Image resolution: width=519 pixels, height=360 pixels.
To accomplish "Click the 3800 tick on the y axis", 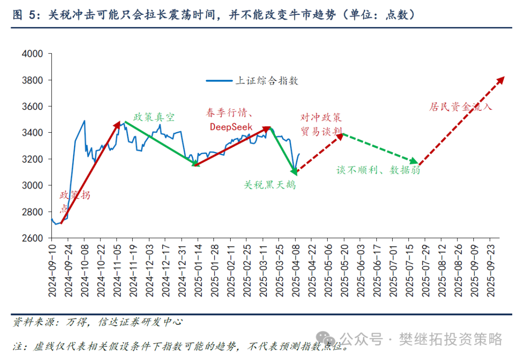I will [32, 80].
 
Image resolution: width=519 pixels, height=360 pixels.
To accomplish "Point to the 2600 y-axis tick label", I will [32, 238].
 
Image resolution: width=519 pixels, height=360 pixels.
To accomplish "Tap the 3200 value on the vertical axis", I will [32, 159].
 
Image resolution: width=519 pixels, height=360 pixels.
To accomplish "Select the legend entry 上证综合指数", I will [266, 81].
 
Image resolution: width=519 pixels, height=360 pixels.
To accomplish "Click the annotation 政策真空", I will [154, 117].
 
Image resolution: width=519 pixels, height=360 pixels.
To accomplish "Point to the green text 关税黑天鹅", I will [270, 185].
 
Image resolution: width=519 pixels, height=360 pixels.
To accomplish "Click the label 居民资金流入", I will [460, 107].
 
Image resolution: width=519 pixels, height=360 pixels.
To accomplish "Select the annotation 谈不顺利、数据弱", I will [378, 170].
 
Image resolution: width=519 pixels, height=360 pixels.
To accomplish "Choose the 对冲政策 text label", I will [321, 117].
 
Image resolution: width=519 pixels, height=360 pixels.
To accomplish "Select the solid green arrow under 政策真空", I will [160, 143].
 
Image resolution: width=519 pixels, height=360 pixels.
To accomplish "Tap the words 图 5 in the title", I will [25, 15].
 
